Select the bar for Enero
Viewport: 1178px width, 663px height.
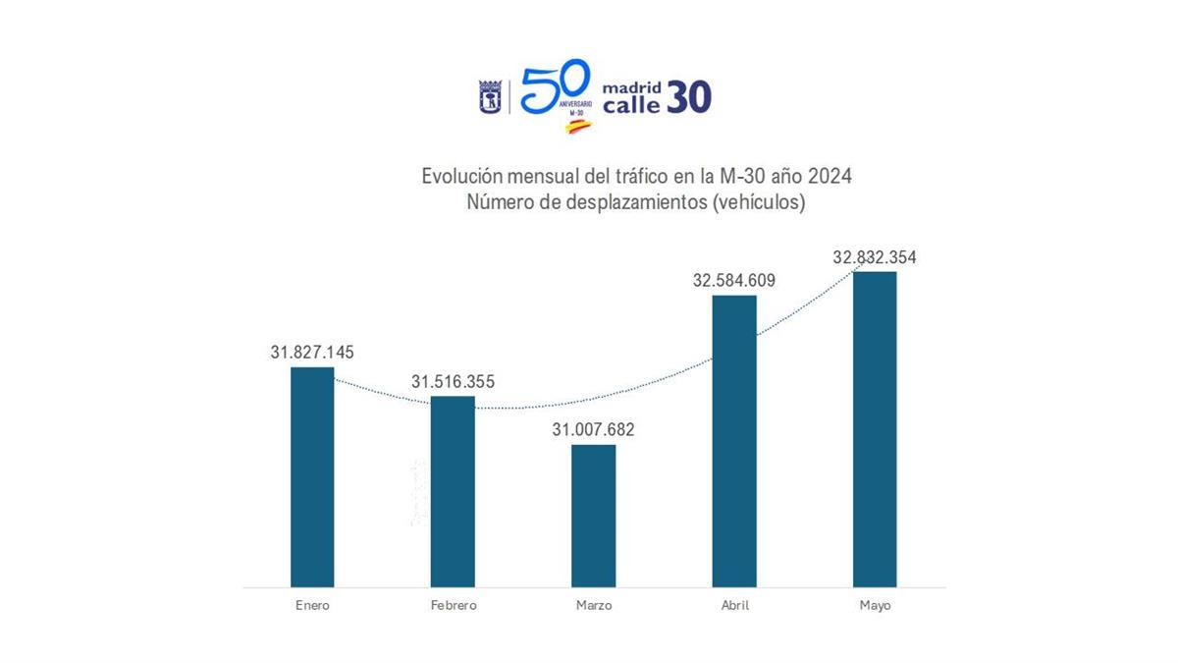point(312,477)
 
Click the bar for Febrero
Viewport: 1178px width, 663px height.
point(453,491)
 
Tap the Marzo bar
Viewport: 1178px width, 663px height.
point(594,516)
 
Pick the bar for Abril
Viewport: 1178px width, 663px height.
point(734,441)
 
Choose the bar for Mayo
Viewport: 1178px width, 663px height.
point(875,429)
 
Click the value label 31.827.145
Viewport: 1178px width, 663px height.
point(312,352)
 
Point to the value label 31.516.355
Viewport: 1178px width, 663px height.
point(453,381)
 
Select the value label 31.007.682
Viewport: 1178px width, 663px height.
point(594,429)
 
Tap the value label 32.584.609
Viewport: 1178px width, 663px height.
point(734,280)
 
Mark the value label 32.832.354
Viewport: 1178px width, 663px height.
point(875,257)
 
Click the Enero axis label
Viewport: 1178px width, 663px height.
point(312,605)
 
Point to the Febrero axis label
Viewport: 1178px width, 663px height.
point(453,605)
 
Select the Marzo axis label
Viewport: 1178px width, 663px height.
point(594,605)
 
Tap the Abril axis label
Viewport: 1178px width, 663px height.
point(734,605)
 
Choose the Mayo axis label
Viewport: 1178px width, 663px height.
point(875,605)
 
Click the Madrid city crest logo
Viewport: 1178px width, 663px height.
point(490,97)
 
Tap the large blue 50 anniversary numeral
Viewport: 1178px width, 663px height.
point(555,86)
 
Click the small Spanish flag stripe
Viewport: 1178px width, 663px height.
point(578,127)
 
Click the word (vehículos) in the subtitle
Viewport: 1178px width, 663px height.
point(760,202)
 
